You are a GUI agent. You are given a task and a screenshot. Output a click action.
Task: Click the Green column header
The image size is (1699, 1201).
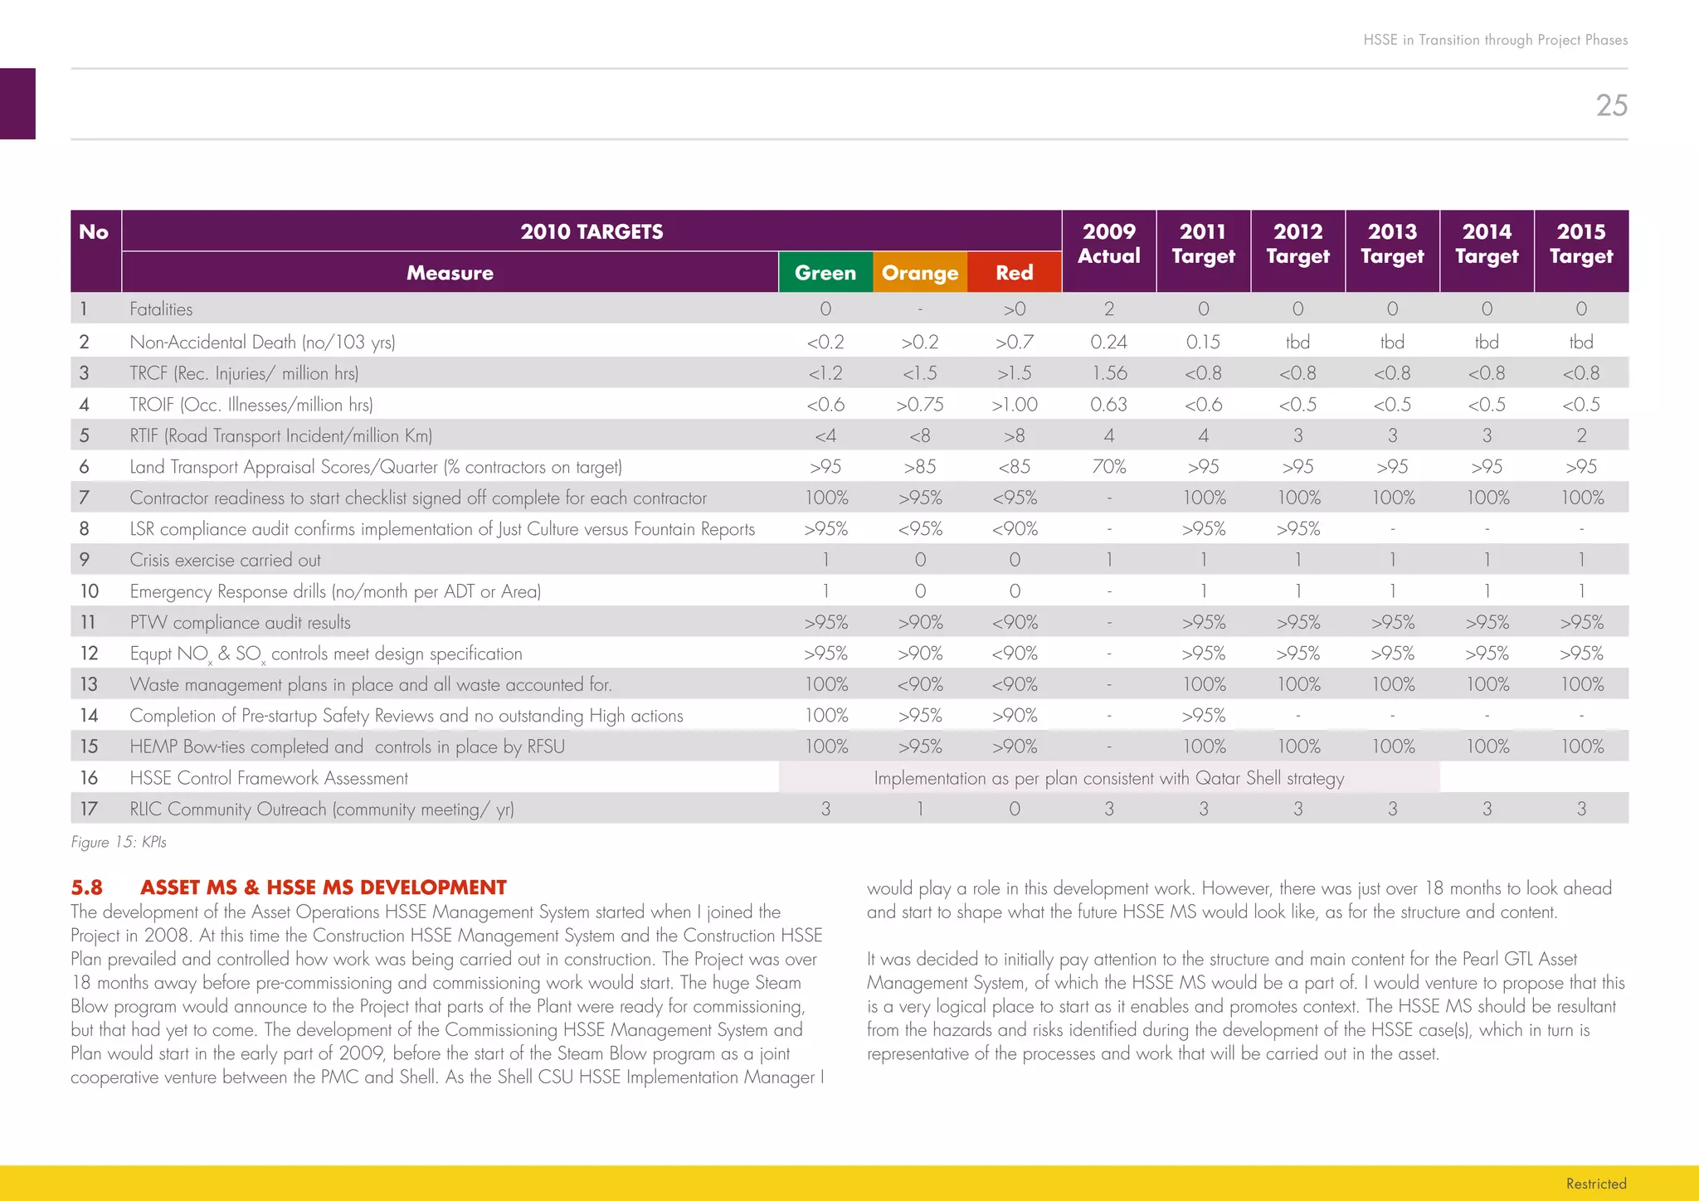(x=825, y=273)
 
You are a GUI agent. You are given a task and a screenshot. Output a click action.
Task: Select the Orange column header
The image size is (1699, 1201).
(x=920, y=273)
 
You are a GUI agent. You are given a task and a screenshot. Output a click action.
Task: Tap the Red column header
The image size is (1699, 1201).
(x=1014, y=273)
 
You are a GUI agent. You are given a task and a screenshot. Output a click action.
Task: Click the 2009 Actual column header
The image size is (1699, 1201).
(x=1108, y=244)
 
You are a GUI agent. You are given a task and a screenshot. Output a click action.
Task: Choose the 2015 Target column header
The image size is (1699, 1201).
(x=1581, y=244)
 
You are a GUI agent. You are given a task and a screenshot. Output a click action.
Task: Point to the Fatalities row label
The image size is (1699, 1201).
(x=161, y=309)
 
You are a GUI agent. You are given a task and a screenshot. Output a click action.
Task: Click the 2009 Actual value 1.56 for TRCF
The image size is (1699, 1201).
(x=1109, y=373)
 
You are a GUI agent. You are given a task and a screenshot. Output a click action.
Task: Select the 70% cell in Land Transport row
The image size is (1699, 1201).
(x=1108, y=467)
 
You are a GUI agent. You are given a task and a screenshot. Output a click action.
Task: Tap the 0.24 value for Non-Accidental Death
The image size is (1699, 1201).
(x=1108, y=342)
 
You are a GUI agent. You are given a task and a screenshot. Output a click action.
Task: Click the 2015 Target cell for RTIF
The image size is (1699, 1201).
(x=1581, y=435)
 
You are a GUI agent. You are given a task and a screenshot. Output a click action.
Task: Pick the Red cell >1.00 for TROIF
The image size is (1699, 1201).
(x=1014, y=405)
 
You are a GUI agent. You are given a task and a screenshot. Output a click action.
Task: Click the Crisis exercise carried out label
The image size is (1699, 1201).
(x=225, y=560)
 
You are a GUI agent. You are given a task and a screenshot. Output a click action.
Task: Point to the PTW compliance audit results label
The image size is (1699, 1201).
(x=240, y=622)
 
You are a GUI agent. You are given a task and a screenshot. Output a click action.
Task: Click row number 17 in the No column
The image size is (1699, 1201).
(x=89, y=809)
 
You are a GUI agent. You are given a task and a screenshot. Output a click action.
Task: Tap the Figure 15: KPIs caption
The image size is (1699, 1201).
(x=119, y=842)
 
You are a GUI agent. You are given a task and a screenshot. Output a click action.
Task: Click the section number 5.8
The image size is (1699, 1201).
(x=86, y=887)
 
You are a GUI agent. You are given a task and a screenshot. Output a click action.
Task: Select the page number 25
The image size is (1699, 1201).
(x=1611, y=105)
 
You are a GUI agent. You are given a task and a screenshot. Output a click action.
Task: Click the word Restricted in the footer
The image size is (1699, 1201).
(x=1595, y=1184)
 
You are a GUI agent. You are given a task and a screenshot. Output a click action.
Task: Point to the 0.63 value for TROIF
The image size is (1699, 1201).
(x=1108, y=405)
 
